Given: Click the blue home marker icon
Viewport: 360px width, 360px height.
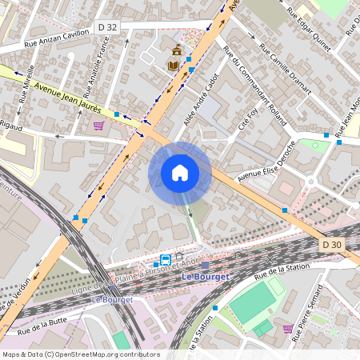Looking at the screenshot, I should [180, 173].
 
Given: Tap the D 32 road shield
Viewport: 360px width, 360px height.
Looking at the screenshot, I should [106, 27].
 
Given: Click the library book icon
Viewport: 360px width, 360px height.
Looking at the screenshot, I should [173, 65].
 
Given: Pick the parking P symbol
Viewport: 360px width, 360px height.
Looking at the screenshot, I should [146, 57].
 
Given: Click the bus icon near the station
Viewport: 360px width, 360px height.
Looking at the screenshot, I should [165, 260].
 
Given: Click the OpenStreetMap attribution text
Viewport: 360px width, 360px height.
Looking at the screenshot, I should [81, 354].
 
